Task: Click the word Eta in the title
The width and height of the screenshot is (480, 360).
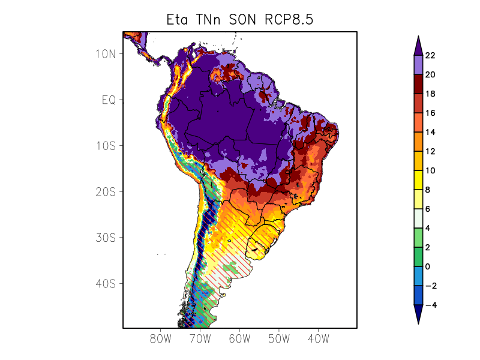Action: pyautogui.click(x=178, y=20)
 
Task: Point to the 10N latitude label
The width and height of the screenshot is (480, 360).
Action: pyautogui.click(x=105, y=53)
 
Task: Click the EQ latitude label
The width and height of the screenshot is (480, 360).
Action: pyautogui.click(x=108, y=100)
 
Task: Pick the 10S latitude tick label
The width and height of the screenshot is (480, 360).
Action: pyautogui.click(x=105, y=146)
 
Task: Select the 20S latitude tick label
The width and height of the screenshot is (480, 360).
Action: pyautogui.click(x=105, y=191)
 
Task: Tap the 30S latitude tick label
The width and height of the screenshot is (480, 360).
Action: pyautogui.click(x=105, y=238)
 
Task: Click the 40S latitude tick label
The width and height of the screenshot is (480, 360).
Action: pyautogui.click(x=105, y=283)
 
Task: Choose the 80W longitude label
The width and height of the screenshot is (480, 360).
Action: pyautogui.click(x=160, y=338)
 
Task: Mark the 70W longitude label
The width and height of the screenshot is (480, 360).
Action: pyautogui.click(x=200, y=338)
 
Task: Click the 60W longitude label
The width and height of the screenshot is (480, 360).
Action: pyautogui.click(x=239, y=338)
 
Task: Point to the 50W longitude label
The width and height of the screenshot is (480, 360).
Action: pyautogui.click(x=278, y=338)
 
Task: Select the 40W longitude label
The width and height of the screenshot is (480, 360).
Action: pyautogui.click(x=317, y=338)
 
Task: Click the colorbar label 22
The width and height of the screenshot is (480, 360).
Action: pyautogui.click(x=430, y=56)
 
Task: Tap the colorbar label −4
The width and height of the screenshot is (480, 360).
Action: pyautogui.click(x=430, y=305)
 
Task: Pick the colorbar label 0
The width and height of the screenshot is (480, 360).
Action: pyautogui.click(x=427, y=266)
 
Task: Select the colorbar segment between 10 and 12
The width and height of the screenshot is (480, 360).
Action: pyautogui.click(x=419, y=161)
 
